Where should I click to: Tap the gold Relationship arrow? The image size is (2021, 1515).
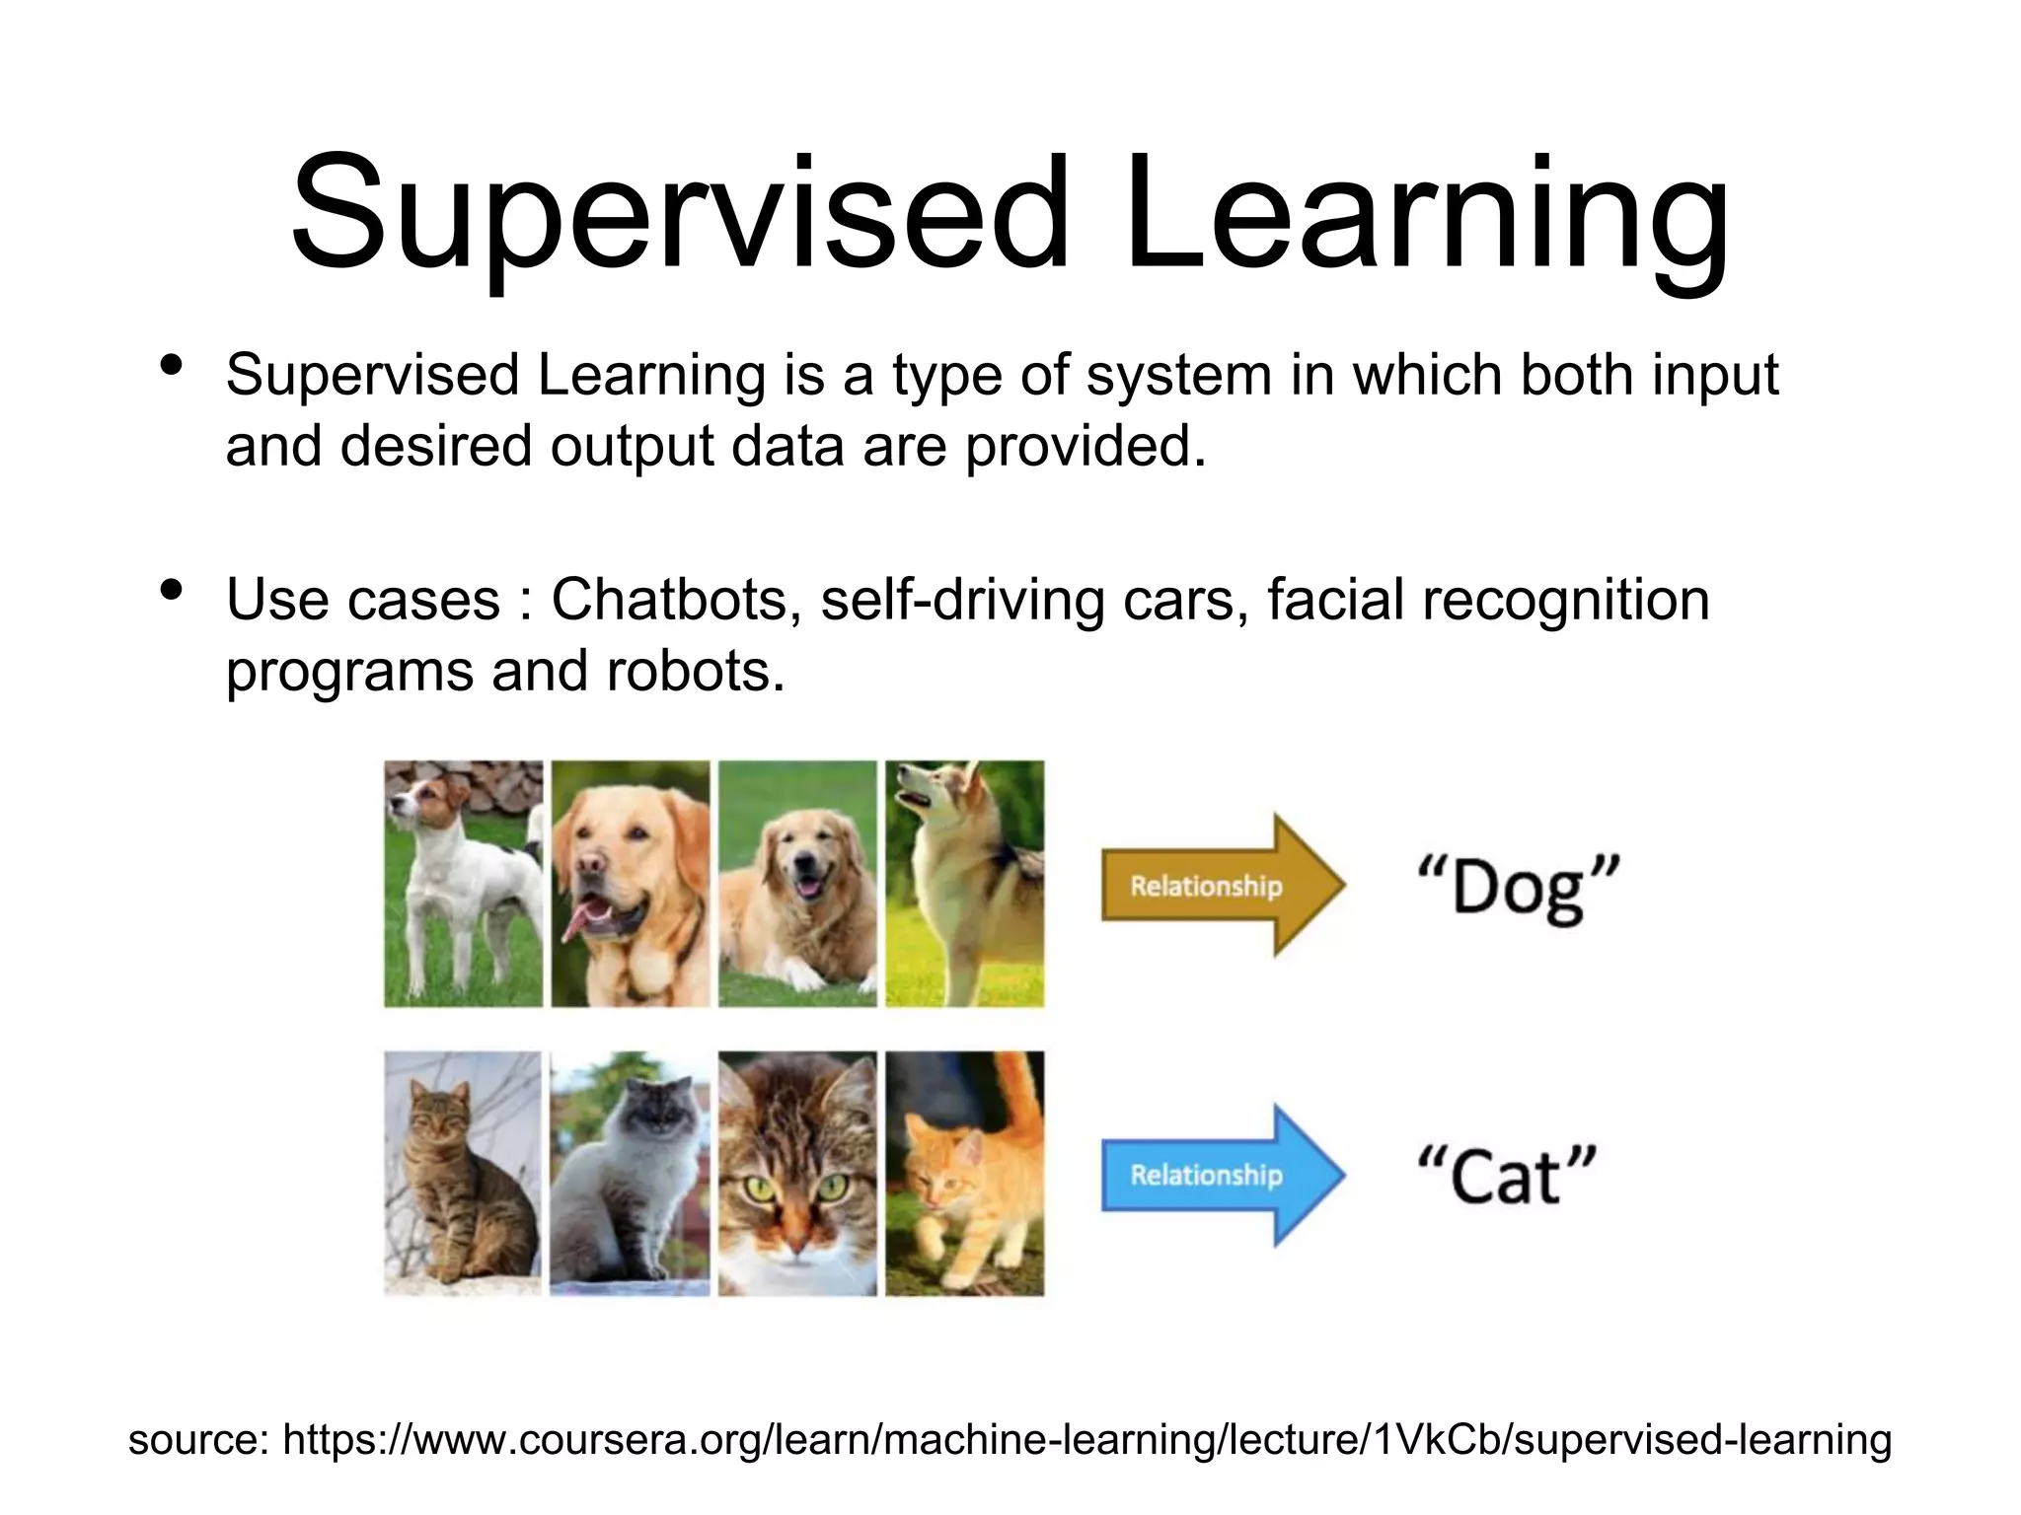tap(1222, 885)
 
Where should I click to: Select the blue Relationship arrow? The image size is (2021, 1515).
tap(1222, 1175)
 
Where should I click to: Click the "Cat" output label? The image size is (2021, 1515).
tap(1506, 1176)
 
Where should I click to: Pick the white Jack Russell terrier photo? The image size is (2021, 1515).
tap(463, 883)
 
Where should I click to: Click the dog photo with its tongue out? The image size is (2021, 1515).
tap(630, 883)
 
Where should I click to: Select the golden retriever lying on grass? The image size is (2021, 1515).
tap(796, 883)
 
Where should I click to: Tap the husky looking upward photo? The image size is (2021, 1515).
tap(964, 883)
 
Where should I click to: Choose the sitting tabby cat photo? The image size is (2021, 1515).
tap(463, 1173)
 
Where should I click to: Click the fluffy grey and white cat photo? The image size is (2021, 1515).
tap(630, 1173)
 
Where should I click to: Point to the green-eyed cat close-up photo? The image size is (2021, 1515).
tap(796, 1173)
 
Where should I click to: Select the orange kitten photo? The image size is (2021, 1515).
tap(964, 1173)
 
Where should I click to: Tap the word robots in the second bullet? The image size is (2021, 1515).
tap(695, 671)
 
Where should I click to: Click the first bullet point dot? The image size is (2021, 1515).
tap(171, 366)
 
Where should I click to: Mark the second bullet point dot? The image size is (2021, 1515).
tap(171, 590)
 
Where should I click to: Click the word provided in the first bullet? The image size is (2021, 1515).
tap(1085, 447)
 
